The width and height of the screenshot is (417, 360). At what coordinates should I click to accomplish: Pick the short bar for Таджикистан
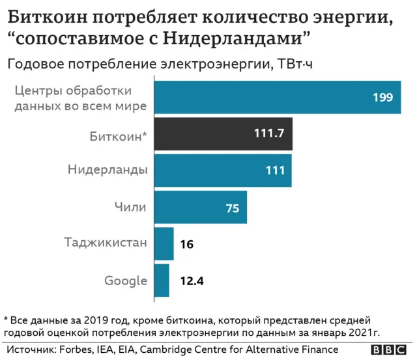point(164,243)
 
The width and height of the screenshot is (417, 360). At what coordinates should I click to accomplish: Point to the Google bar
point(162,281)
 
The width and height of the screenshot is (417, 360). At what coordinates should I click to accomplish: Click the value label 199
point(382,98)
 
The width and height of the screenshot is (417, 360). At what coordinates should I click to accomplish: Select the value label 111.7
point(268,134)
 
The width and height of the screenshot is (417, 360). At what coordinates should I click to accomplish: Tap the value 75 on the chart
point(233,208)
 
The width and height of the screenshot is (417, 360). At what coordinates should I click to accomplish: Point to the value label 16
point(186,244)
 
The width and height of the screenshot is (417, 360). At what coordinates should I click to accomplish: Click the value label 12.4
point(192,281)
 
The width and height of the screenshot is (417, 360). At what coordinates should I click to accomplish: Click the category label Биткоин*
point(118,135)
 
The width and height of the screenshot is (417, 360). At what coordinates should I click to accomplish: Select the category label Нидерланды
point(108,171)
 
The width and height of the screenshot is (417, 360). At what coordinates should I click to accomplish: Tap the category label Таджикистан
point(106,243)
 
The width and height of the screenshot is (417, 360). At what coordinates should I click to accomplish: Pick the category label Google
point(125,281)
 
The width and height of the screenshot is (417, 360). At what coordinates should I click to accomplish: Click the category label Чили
point(130,207)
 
